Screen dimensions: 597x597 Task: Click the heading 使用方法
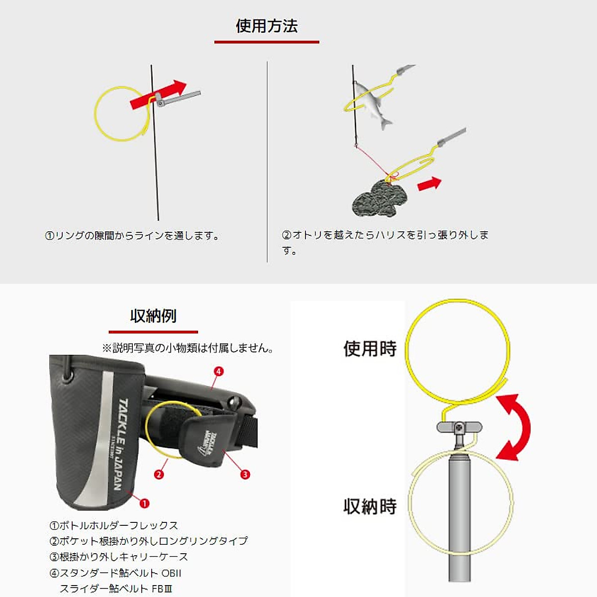pos(267,26)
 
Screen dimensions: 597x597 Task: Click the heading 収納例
pos(153,316)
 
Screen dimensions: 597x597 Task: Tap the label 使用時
pos(370,349)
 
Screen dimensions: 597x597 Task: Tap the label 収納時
pos(370,506)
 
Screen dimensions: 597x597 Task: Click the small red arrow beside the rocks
pos(429,184)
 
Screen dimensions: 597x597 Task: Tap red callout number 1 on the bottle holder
pos(144,503)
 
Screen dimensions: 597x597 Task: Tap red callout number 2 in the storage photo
pos(159,474)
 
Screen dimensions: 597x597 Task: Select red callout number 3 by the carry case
pos(245,475)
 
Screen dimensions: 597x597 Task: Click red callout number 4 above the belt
pos(218,371)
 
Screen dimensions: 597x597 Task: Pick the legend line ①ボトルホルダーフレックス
pos(114,525)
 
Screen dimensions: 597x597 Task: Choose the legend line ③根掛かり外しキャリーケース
pos(119,557)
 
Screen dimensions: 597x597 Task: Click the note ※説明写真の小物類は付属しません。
pos(188,348)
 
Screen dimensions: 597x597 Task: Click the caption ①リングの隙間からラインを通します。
pos(132,236)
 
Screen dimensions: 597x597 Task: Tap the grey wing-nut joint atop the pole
pos(459,427)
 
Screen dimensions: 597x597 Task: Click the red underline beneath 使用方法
pos(267,42)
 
